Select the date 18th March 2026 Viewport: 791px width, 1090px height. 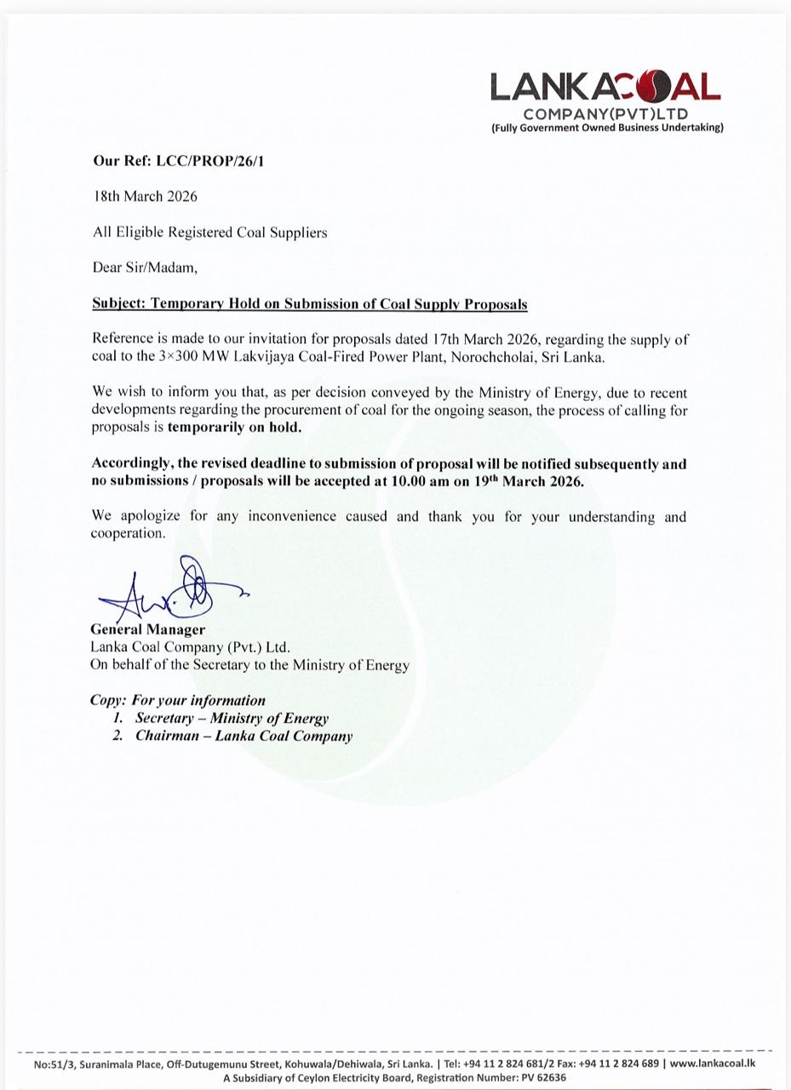pos(145,196)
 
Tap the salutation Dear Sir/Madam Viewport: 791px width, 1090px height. pos(145,267)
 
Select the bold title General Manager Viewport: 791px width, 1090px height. pos(147,629)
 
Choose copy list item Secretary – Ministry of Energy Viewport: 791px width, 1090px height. pos(232,718)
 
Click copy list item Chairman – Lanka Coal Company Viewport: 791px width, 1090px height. pos(244,736)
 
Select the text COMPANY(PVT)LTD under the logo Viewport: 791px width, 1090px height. pos(605,114)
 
